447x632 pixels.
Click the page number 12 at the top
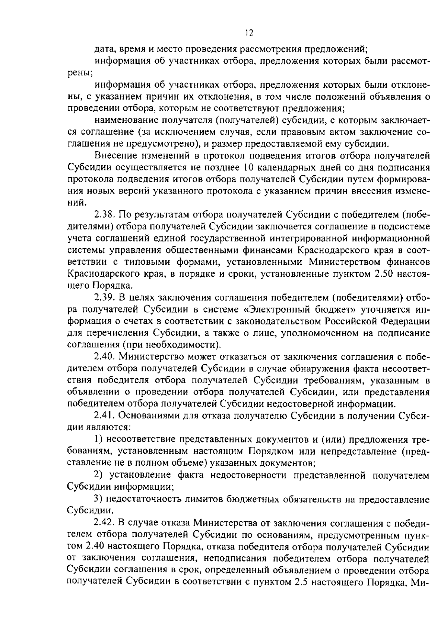point(249,33)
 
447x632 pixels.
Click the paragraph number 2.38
point(106,215)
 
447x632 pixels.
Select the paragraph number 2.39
point(106,298)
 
